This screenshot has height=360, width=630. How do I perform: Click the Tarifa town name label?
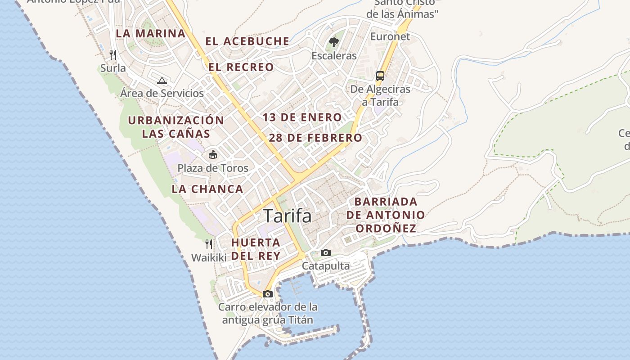click(287, 216)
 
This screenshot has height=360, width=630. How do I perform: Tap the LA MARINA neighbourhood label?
click(151, 33)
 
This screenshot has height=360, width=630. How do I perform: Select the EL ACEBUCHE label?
click(247, 41)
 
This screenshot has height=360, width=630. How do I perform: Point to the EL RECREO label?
click(241, 67)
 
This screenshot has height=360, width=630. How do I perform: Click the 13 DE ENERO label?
click(302, 117)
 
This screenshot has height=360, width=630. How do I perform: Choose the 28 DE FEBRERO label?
click(315, 138)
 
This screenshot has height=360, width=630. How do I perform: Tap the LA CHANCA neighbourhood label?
click(207, 189)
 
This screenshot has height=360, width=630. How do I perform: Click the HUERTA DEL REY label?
click(256, 249)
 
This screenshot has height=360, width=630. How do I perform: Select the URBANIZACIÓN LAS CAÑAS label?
click(176, 127)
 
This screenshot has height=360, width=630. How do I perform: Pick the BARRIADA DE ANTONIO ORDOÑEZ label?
click(386, 215)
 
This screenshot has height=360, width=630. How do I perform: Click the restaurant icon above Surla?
click(113, 55)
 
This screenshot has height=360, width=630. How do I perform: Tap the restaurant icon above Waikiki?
click(209, 244)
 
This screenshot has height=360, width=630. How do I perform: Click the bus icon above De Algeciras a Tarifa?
click(380, 76)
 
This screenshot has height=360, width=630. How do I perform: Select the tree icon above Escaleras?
click(334, 43)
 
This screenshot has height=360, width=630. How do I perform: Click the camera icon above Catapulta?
click(326, 253)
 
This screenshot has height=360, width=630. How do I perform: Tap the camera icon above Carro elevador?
click(268, 294)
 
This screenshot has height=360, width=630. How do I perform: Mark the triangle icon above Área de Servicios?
click(162, 81)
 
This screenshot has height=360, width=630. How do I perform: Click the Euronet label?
click(390, 36)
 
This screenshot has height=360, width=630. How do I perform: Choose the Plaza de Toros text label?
click(213, 168)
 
